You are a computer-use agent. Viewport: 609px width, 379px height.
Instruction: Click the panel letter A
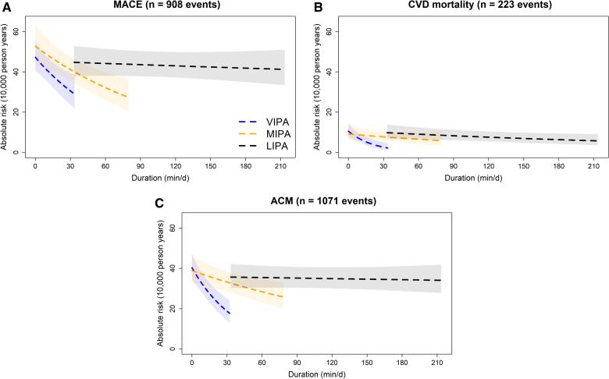(x=6, y=7)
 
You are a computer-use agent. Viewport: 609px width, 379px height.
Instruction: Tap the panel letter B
(x=318, y=7)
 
